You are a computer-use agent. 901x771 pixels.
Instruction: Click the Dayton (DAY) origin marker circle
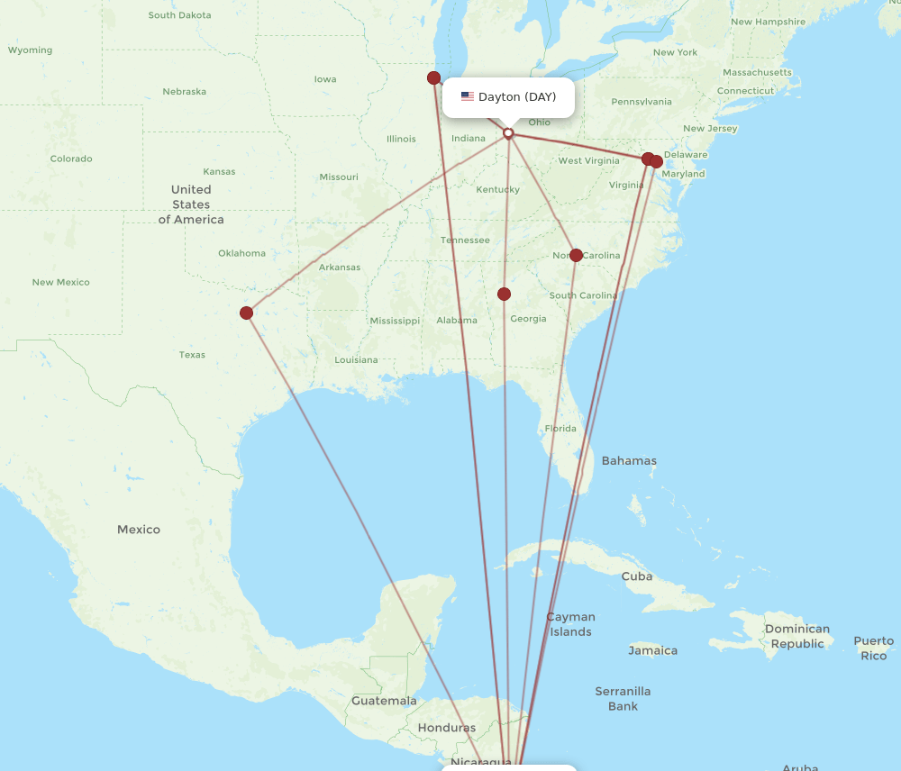pos(508,133)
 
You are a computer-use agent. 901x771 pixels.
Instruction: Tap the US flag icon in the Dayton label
pos(468,96)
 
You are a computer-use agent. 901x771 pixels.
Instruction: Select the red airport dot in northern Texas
pos(246,313)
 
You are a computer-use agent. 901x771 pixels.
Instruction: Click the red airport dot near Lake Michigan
pos(433,77)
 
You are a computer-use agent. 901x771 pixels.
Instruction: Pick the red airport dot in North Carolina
pos(576,255)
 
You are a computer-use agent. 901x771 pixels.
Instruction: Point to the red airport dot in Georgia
pos(504,294)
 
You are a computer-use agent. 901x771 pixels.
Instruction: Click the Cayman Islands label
pos(571,624)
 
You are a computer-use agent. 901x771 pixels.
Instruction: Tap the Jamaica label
pos(653,650)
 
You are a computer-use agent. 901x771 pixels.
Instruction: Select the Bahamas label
pos(629,460)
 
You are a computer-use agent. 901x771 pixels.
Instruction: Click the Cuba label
pos(637,576)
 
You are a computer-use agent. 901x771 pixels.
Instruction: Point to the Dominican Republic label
pos(797,636)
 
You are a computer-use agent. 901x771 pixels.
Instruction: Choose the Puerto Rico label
pos(873,648)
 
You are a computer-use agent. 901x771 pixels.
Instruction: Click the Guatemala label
pos(384,701)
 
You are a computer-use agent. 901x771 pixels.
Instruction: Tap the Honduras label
pos(447,728)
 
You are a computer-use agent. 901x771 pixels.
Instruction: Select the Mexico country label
pos(139,530)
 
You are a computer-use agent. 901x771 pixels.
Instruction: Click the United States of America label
pos(191,204)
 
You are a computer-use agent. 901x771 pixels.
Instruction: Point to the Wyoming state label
pos(31,50)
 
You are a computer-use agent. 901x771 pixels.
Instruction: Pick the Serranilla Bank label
pos(623,699)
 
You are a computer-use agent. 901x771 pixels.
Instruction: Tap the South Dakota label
pos(180,15)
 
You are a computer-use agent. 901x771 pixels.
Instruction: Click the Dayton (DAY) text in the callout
pos(517,96)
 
